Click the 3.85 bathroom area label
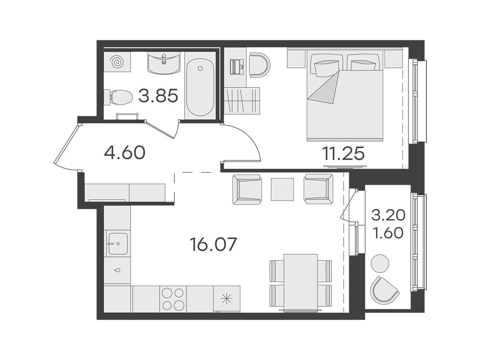coord(158,96)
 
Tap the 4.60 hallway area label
coord(125,152)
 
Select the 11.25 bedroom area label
coord(343,154)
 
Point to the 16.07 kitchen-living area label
coord(214,244)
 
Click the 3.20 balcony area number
coord(388,215)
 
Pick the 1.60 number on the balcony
coord(388,233)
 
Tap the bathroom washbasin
coord(164,63)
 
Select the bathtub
coord(200,87)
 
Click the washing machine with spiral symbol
coord(117,62)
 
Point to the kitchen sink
coord(118,244)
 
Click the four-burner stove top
coord(173,299)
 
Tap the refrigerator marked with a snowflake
coord(226,299)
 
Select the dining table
coord(301,282)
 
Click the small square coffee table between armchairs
coord(282,189)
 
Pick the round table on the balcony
coord(380,263)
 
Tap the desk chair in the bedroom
coord(259,65)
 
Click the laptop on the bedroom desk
coord(237,67)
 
